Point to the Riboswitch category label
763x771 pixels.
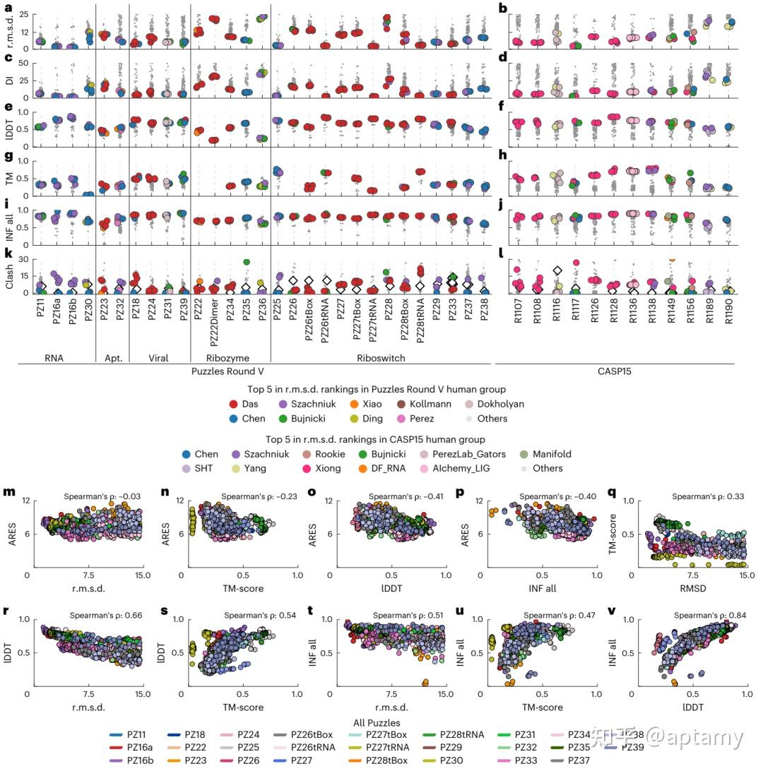[381, 358]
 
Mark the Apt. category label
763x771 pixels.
[113, 358]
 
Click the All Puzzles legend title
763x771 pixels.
[377, 722]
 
